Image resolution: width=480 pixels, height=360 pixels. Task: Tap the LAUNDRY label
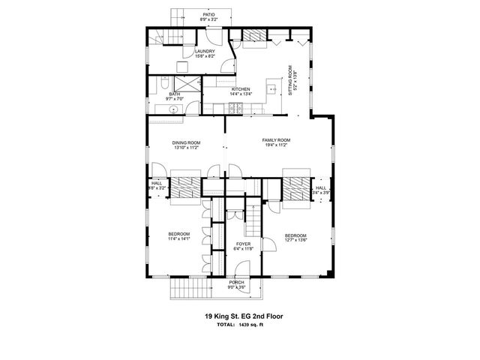[x=205, y=52]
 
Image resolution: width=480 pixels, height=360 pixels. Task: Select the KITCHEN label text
[x=241, y=89]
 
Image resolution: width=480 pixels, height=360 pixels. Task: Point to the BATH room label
[x=175, y=94]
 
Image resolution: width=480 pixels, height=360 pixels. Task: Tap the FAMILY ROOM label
[x=276, y=140]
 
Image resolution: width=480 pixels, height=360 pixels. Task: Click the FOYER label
[x=244, y=244]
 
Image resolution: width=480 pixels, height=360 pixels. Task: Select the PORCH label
[x=236, y=282]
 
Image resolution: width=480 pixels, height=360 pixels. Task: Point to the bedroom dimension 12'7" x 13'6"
[x=295, y=241]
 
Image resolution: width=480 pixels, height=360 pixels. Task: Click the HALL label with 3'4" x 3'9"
[x=321, y=190]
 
